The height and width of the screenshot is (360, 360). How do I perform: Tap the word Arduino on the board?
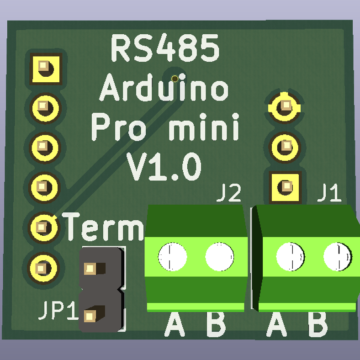point(164,89)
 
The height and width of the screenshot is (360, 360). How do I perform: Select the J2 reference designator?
point(229,194)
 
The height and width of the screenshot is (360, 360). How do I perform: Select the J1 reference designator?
point(329,194)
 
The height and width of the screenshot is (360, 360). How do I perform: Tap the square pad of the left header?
point(45,68)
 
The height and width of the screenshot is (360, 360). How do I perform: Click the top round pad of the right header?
point(286,106)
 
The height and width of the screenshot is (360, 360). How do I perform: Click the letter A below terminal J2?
point(175,324)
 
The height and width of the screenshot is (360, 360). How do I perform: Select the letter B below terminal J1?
point(318,324)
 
